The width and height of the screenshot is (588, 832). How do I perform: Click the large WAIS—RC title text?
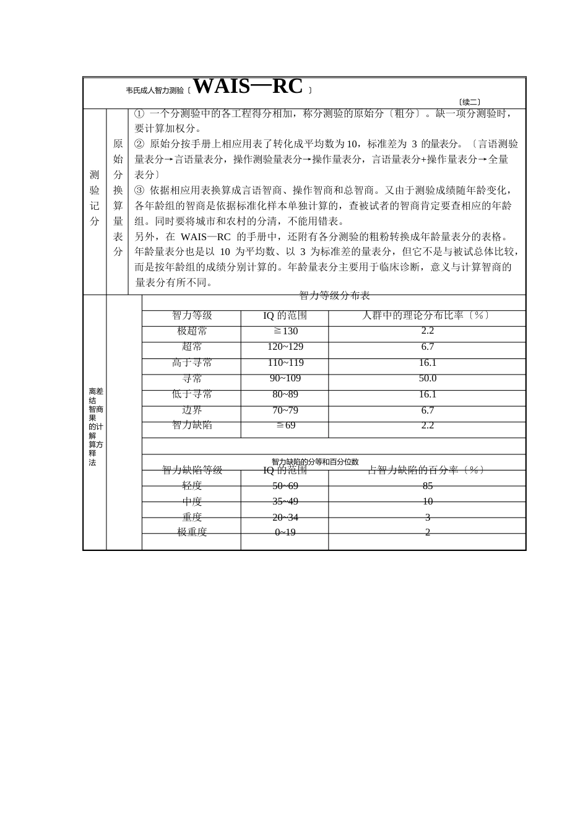[x=248, y=87]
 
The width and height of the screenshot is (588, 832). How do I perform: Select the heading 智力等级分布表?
[x=334, y=295]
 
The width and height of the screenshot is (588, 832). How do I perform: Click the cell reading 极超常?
[x=192, y=331]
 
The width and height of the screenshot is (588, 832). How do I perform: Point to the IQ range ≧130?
[x=285, y=331]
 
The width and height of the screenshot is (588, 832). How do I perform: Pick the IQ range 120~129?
[x=285, y=347]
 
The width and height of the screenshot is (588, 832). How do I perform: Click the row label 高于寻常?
[x=192, y=363]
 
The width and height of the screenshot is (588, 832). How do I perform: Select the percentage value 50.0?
[x=427, y=378]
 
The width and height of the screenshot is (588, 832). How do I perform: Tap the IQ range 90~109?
[x=285, y=378]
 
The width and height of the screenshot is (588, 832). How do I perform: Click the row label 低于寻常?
[x=192, y=394]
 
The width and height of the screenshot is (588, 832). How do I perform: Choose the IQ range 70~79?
[x=285, y=410]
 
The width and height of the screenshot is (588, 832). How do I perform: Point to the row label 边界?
[x=192, y=410]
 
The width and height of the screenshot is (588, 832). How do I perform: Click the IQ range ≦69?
[x=285, y=425]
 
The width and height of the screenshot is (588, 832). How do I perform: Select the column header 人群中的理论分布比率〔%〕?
[x=427, y=315]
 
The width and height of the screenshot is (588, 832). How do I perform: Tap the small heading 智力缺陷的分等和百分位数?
[x=315, y=462]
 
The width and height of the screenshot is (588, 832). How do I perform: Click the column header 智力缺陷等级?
[x=192, y=470]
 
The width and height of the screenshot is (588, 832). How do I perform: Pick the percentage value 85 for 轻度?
[x=427, y=486]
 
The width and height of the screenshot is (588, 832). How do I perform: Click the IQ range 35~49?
[x=285, y=501]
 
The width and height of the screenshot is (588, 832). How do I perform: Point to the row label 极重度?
[x=192, y=532]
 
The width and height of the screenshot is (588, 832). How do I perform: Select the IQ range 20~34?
[x=285, y=517]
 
